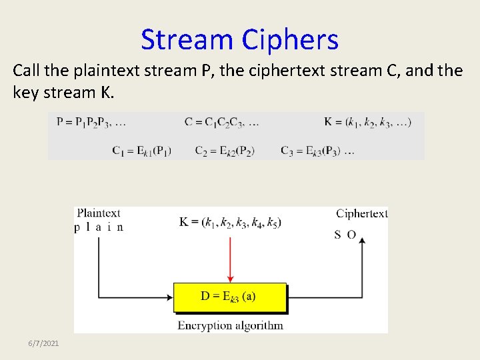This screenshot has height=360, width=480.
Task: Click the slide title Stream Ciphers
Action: pos(239,39)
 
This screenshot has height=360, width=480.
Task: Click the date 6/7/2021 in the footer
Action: pos(43,343)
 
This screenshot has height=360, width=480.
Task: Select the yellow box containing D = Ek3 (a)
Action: pos(230,297)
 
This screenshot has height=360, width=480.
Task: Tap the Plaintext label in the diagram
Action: pos(98,213)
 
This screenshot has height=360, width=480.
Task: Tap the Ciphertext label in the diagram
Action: pos(361,213)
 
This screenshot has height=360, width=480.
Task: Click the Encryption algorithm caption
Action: pos(230,326)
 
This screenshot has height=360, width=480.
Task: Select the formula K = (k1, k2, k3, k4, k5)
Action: pos(230,222)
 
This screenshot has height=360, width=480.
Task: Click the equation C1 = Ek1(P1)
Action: pos(141,151)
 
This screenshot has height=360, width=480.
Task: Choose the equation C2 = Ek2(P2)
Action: pos(225,151)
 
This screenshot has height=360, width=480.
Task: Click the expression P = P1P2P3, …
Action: pos(91,122)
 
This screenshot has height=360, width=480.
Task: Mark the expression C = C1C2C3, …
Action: pos(222,122)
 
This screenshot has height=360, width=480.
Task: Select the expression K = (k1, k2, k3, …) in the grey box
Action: pos(367,122)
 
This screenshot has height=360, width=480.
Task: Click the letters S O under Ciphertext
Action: pos(345,235)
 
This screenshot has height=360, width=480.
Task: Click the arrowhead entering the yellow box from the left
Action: pos(169,297)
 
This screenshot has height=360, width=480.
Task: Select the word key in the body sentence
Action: pos(25,93)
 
